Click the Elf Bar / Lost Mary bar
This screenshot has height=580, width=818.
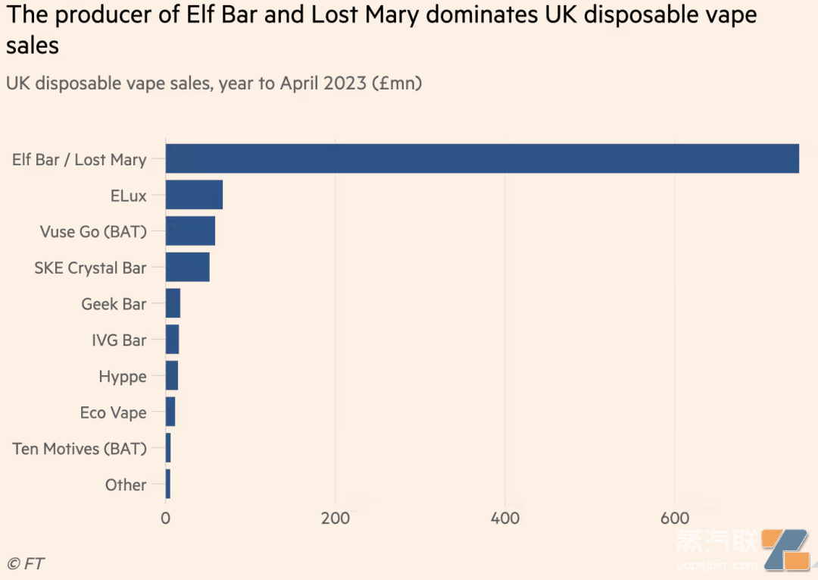pos(482,158)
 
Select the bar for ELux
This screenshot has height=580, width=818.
pos(194,195)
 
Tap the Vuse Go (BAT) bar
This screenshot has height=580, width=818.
pos(190,231)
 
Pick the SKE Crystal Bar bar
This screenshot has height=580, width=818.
pos(187,268)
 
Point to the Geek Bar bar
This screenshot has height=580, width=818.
pos(173,303)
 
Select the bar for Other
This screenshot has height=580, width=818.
pos(168,484)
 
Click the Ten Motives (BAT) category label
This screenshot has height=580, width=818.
pos(80,449)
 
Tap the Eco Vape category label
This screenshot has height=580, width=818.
pos(113,412)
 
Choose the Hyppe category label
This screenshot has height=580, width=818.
pos(122,377)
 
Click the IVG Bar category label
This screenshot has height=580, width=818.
pos(119,340)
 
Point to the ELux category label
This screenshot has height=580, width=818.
pos(128,196)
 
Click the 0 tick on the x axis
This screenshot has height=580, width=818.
pos(165,519)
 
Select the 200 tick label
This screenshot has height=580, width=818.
pos(335,519)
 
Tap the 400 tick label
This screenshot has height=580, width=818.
pos(504,519)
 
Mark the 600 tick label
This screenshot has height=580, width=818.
pos(674,519)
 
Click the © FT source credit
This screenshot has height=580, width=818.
pos(26,563)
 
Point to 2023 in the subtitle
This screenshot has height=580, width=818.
pos(345,83)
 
